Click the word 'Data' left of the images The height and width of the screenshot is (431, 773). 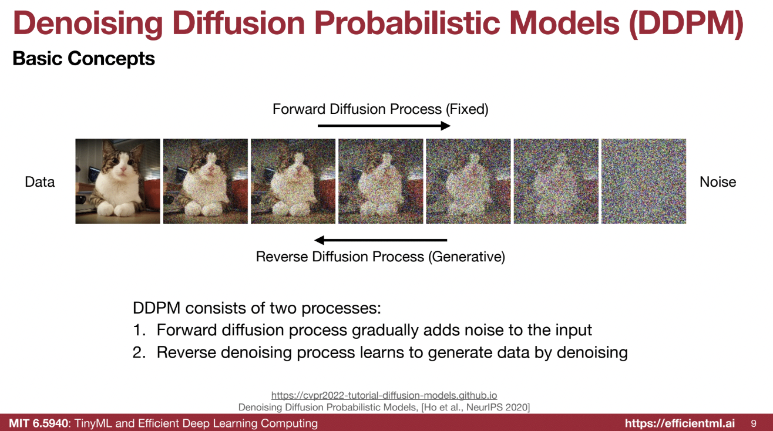tap(40, 182)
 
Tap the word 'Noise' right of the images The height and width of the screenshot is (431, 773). tap(718, 182)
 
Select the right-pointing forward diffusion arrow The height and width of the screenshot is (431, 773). tap(384, 126)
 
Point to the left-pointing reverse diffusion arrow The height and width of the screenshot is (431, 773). tap(381, 240)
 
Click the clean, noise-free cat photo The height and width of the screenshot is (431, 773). tap(117, 181)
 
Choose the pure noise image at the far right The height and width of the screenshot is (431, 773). tap(644, 181)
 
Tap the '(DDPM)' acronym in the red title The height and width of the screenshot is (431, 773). tap(686, 23)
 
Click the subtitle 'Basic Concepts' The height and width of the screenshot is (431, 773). tap(83, 58)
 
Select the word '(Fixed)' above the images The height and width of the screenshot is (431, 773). tap(467, 109)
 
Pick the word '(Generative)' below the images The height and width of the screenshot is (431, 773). tap(466, 257)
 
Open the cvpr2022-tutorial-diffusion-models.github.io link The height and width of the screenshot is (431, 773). tap(384, 395)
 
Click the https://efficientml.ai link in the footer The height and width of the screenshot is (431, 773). tap(680, 423)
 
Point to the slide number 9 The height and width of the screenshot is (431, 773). tap(754, 424)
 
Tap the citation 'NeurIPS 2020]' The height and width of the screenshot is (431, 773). tap(498, 408)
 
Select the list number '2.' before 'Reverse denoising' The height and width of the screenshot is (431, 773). tap(139, 352)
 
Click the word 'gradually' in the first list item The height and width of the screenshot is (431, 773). tap(385, 331)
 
